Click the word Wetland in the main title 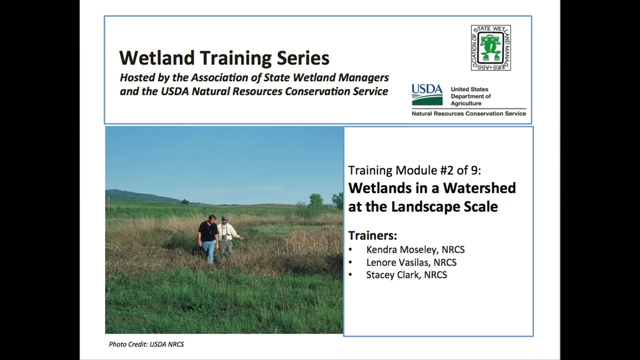coord(157,57)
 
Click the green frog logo coord(491,47)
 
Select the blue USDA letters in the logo coord(427,89)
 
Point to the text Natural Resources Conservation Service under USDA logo coord(468,113)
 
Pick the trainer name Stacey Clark coord(393,275)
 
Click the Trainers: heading coord(372,235)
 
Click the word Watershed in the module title coord(479,188)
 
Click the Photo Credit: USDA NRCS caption coord(146,344)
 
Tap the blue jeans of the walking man coord(209,251)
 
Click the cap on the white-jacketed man coord(225,217)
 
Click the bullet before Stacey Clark coord(350,275)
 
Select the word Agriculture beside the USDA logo coord(466,103)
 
